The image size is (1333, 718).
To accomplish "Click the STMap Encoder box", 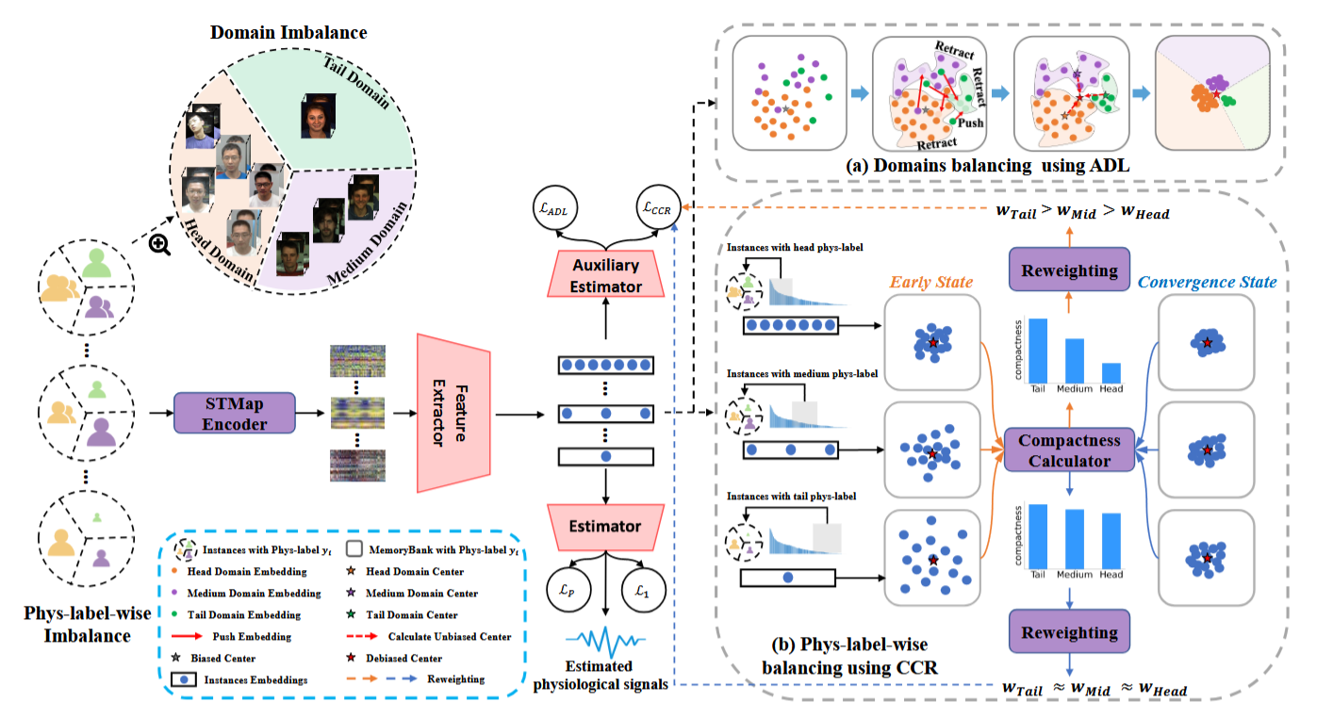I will click(x=235, y=414).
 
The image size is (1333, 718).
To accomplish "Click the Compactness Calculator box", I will click(x=1069, y=450).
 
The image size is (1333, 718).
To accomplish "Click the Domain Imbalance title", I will click(x=288, y=33).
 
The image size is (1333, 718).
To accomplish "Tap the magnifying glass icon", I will click(x=160, y=244).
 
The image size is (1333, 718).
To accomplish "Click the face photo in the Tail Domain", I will click(x=319, y=121).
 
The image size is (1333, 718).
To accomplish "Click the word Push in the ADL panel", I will click(x=971, y=123).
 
